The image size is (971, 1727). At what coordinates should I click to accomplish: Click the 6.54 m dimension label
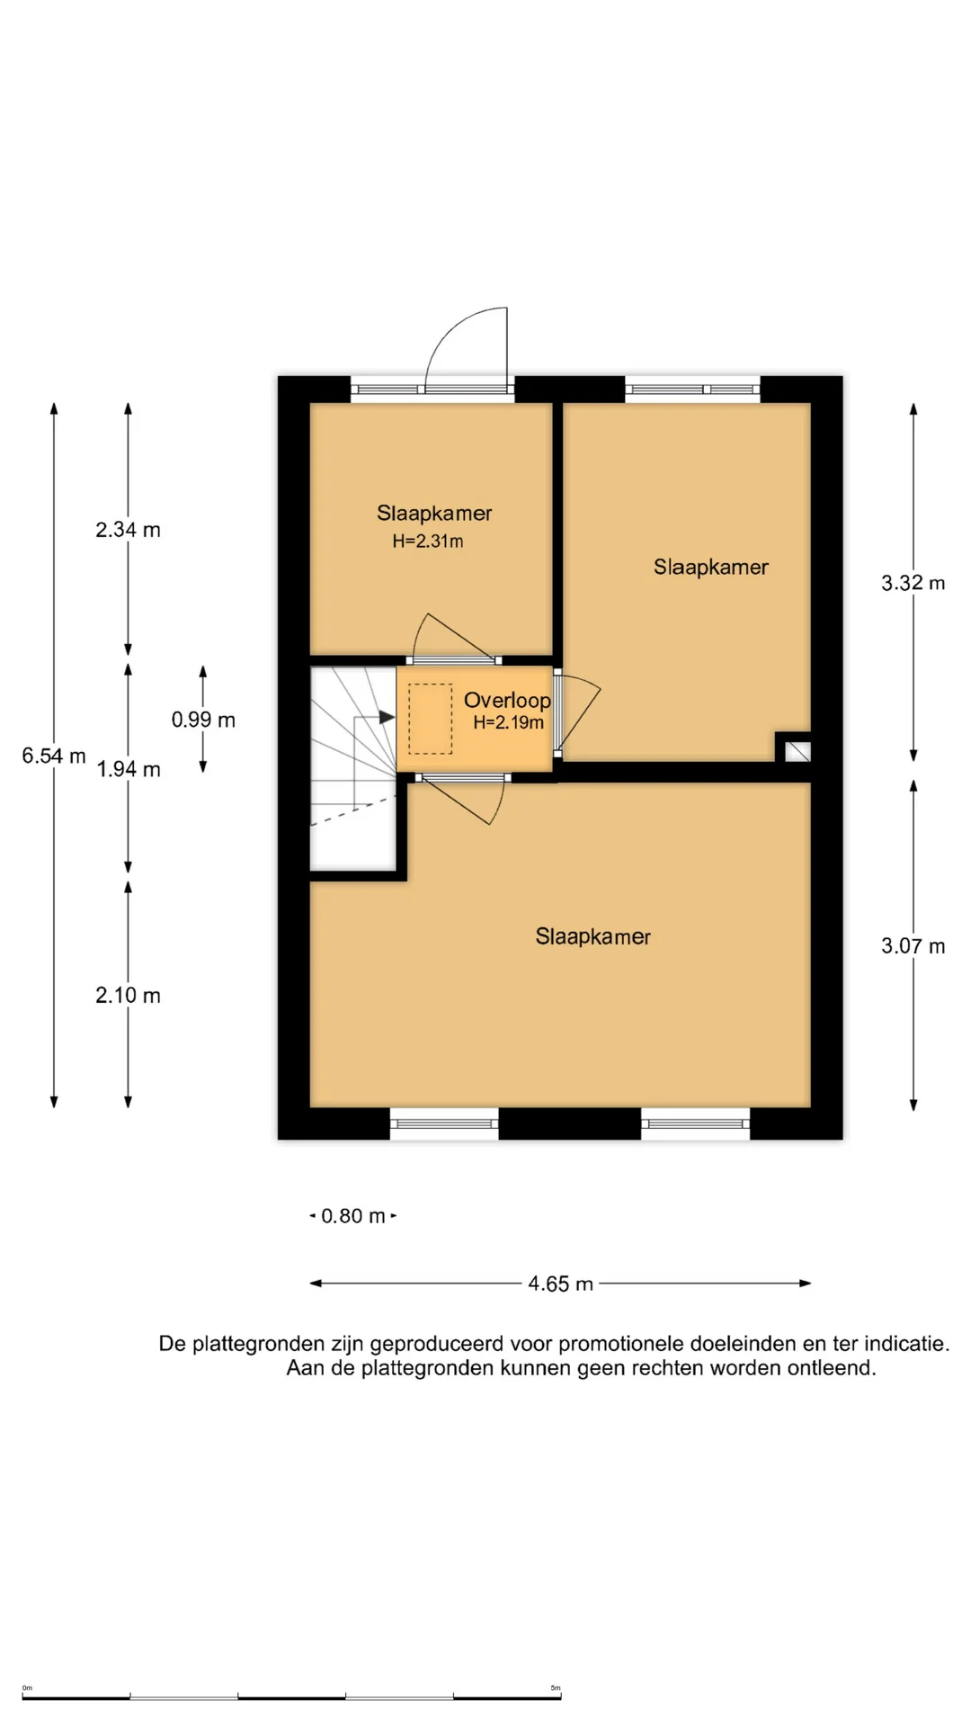pyautogui.click(x=54, y=756)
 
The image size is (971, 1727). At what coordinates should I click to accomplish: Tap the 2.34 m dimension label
pyautogui.click(x=129, y=530)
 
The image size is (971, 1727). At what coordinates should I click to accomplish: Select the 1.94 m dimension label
pyautogui.click(x=129, y=769)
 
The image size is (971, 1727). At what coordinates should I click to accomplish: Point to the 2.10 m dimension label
pyautogui.click(x=129, y=996)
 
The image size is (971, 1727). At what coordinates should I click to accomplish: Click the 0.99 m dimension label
pyautogui.click(x=203, y=720)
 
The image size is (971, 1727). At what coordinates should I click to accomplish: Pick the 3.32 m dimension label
pyautogui.click(x=913, y=583)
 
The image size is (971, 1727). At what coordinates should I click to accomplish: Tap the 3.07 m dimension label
pyautogui.click(x=913, y=946)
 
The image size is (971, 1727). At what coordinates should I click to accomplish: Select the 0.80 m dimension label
pyautogui.click(x=353, y=1216)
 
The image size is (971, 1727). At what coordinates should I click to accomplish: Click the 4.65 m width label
pyautogui.click(x=560, y=1284)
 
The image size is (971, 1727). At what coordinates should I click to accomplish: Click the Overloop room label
pyautogui.click(x=507, y=700)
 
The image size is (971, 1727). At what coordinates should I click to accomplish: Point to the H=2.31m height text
pyautogui.click(x=428, y=541)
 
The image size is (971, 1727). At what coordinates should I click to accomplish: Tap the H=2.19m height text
pyautogui.click(x=509, y=722)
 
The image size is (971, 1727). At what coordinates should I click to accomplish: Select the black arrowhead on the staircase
pyautogui.click(x=388, y=717)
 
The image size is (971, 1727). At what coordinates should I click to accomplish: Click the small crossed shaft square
pyautogui.click(x=797, y=751)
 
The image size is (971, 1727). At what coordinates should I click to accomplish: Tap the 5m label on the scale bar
pyautogui.click(x=556, y=1688)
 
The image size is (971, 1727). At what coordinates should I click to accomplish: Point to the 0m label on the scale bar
pyautogui.click(x=27, y=1688)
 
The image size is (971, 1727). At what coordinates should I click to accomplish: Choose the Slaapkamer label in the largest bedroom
pyautogui.click(x=593, y=936)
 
